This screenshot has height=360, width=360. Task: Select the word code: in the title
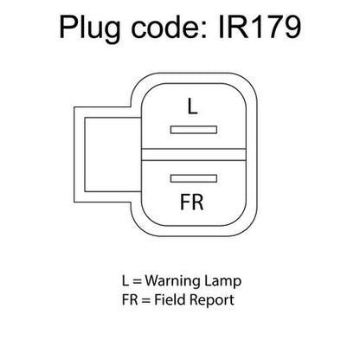(170, 27)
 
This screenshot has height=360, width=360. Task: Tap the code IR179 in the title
(260, 27)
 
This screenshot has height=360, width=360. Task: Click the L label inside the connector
(192, 106)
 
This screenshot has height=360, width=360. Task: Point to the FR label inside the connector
(192, 202)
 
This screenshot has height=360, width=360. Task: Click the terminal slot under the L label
(194, 130)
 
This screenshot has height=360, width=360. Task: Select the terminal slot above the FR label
(194, 178)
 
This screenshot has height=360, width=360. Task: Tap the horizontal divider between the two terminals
(194, 154)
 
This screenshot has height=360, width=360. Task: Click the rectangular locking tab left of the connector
(107, 154)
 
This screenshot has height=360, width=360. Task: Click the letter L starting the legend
(125, 280)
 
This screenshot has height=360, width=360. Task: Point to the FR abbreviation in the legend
(130, 299)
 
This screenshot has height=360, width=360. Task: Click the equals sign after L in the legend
(137, 281)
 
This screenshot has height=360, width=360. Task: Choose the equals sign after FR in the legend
(146, 300)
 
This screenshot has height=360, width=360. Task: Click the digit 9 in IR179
(291, 28)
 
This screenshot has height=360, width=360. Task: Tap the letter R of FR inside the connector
(197, 202)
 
